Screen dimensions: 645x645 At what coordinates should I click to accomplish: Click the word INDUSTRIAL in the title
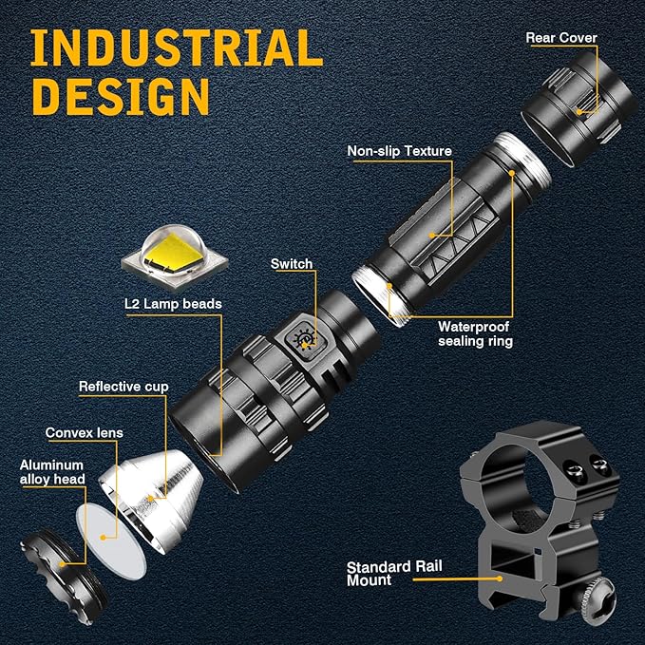(177, 47)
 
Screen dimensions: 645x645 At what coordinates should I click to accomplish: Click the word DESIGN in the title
(121, 96)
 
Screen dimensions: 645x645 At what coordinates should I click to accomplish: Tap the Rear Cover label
(561, 38)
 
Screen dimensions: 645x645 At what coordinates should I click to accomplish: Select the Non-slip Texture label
(399, 151)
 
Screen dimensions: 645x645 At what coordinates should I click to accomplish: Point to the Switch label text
(292, 264)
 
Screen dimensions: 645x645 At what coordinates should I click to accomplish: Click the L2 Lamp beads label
(173, 304)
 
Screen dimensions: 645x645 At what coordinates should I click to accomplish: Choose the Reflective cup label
(123, 387)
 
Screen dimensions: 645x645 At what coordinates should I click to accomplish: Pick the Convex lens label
(84, 433)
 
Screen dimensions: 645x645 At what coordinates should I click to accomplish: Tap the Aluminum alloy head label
(52, 472)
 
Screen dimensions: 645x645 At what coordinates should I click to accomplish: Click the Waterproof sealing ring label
(475, 334)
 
